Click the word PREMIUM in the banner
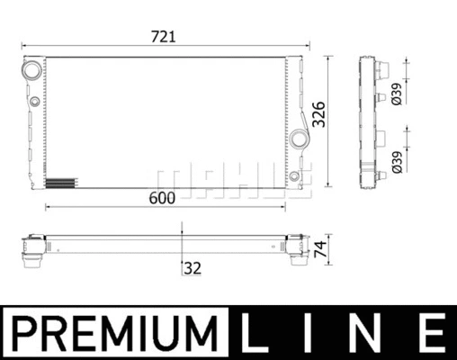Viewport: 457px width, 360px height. (x=117, y=334)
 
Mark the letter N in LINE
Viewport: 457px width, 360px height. (x=372, y=334)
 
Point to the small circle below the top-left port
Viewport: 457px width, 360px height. (x=33, y=101)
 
